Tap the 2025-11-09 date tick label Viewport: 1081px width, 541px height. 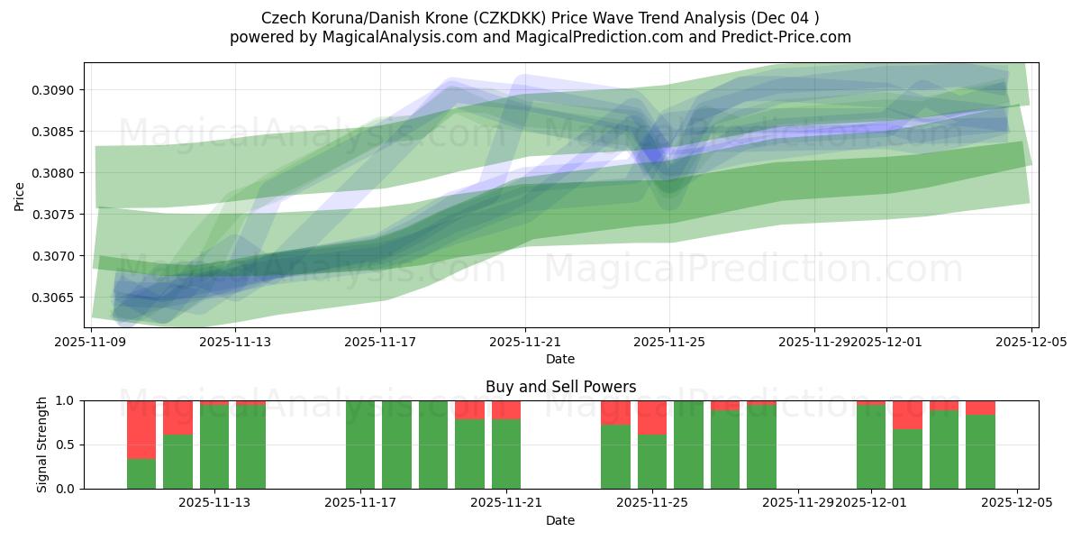click(91, 342)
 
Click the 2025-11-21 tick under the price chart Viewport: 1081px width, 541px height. click(525, 342)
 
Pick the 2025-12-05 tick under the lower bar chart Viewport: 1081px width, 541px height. click(1017, 503)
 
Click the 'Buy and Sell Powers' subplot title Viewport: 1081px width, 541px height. click(560, 387)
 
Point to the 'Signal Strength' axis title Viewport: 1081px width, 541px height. click(42, 445)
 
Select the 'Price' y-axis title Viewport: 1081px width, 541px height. click(20, 195)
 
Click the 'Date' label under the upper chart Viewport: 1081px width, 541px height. click(560, 359)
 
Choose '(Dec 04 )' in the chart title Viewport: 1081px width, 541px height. click(786, 18)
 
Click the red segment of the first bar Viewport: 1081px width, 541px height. click(141, 429)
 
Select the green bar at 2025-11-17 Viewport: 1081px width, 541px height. click(360, 445)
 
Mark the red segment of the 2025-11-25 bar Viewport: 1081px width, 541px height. click(652, 417)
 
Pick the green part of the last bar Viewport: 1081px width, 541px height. click(980, 452)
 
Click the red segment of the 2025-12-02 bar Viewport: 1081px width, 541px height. click(907, 415)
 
